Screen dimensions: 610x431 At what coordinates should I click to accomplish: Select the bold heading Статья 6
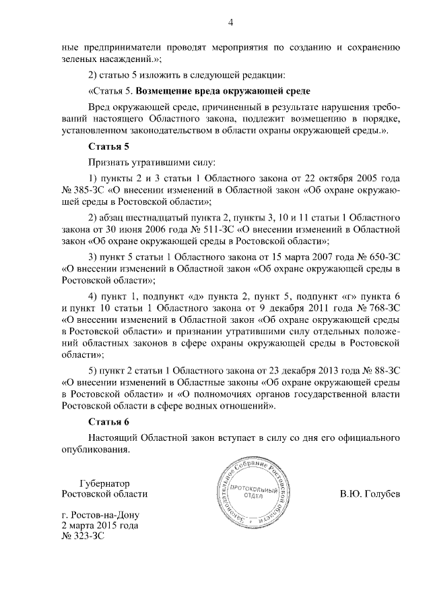click(x=108, y=422)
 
